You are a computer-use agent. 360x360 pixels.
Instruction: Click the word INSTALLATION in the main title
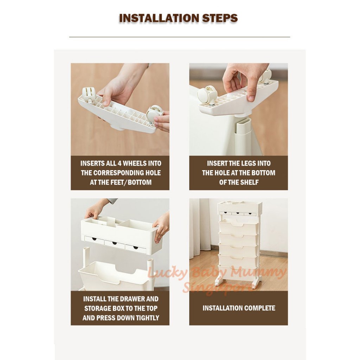point(159,18)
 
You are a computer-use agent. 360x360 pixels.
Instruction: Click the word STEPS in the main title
point(220,18)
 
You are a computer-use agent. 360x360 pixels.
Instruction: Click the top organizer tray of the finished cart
point(240,208)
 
